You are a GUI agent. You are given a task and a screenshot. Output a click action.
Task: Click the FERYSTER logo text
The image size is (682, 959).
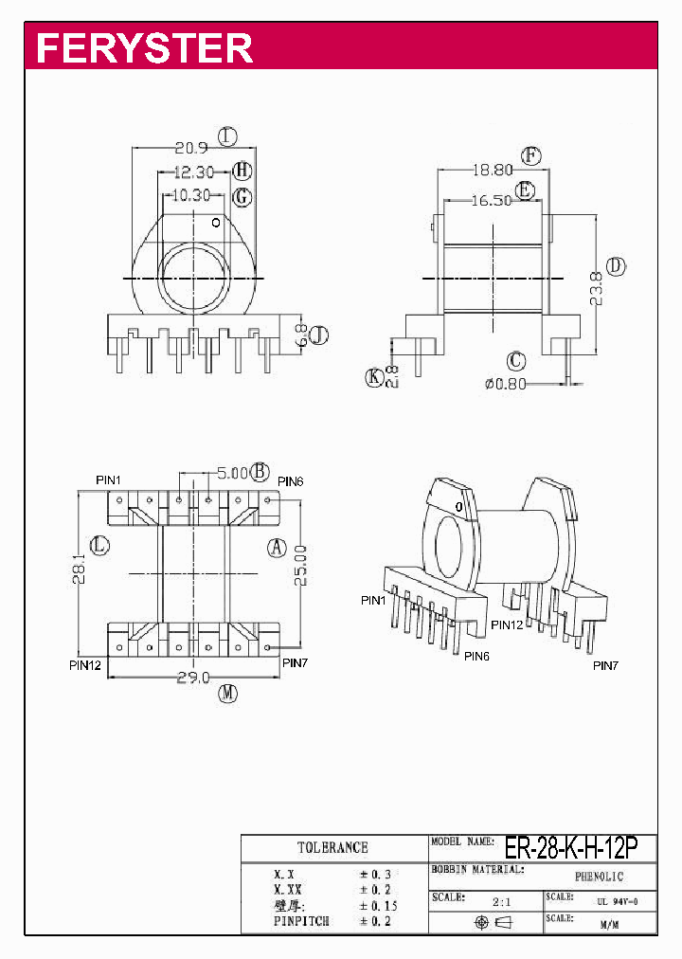(144, 47)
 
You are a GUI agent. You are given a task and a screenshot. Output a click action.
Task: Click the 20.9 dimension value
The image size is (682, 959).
(191, 148)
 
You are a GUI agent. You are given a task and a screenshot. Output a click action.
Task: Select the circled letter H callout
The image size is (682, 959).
(242, 172)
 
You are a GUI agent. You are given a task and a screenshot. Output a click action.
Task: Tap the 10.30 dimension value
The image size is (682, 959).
(191, 196)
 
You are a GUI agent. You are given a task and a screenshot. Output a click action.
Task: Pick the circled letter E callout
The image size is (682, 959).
(527, 191)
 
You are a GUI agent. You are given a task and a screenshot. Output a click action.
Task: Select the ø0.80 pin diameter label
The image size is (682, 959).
(504, 384)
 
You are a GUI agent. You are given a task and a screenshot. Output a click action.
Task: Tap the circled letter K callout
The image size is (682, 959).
(374, 377)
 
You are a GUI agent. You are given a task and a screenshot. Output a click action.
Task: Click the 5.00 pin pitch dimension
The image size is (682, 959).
(232, 472)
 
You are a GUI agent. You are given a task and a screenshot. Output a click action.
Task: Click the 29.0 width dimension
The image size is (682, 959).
(193, 677)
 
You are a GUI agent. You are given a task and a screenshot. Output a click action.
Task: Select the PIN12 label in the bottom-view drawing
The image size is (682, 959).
(84, 664)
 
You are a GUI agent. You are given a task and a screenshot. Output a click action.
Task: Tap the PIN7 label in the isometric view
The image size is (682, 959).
(605, 666)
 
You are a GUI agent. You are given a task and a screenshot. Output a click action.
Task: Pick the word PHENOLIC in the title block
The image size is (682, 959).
(599, 878)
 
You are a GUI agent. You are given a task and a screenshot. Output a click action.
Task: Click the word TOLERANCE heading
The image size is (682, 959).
(332, 847)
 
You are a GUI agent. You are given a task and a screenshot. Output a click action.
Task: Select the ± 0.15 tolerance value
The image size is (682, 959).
(375, 905)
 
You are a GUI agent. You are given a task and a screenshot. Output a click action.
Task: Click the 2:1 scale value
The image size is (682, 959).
(501, 901)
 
